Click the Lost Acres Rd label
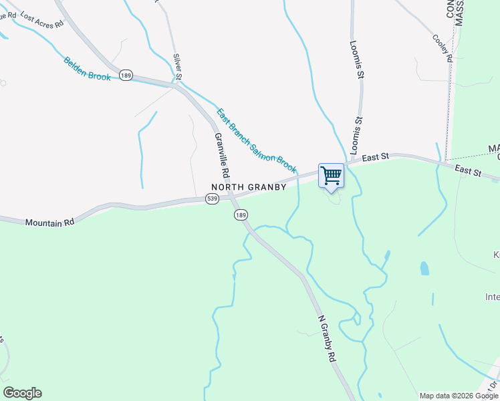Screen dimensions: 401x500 [41, 19]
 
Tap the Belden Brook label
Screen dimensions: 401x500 [87, 69]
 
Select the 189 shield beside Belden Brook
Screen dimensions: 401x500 [126, 76]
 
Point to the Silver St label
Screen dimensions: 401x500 [177, 65]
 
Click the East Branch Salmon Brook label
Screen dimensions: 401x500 [256, 138]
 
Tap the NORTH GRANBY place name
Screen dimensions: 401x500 [249, 187]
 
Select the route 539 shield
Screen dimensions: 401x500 [212, 199]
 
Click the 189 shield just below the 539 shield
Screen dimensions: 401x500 [241, 215]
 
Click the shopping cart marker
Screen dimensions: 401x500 [331, 176]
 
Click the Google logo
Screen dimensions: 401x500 [22, 393]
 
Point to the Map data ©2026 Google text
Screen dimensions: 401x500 [459, 396]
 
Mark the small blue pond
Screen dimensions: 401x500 [424, 269]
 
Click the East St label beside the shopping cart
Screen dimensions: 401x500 [376, 157]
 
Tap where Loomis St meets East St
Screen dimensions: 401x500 [353, 162]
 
